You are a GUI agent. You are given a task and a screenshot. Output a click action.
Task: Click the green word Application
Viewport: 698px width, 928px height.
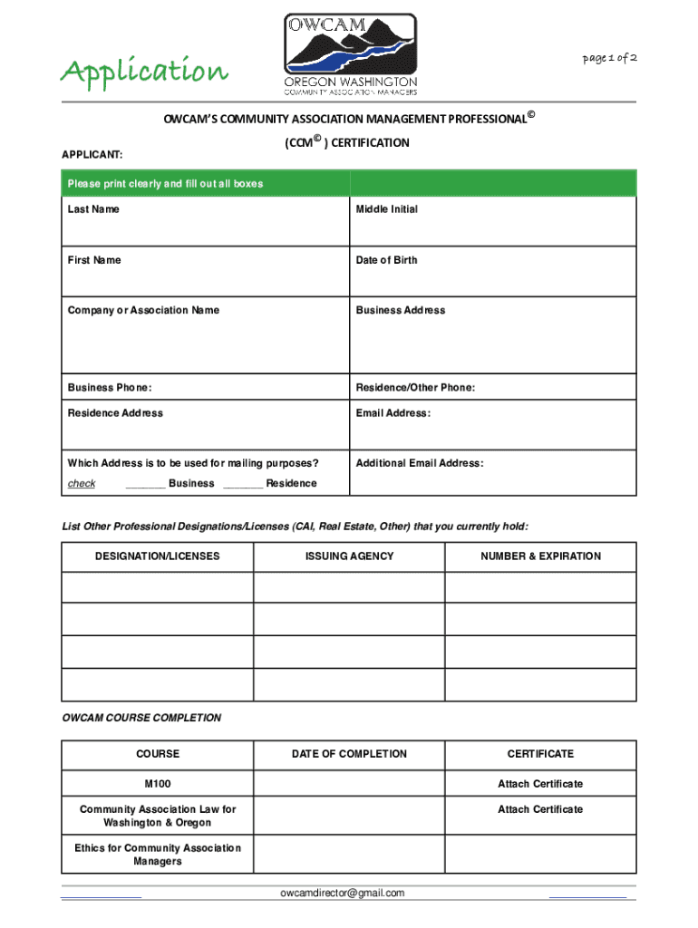click(x=143, y=70)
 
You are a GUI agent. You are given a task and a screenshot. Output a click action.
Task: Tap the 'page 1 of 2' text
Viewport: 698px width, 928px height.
click(x=609, y=58)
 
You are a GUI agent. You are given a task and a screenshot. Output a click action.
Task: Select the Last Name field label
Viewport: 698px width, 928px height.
click(x=93, y=209)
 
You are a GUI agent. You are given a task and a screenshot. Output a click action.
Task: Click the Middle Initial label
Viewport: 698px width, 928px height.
click(x=387, y=209)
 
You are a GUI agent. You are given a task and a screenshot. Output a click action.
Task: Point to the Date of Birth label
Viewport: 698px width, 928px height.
click(x=387, y=260)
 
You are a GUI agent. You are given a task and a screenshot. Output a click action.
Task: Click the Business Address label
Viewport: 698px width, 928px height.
click(x=401, y=310)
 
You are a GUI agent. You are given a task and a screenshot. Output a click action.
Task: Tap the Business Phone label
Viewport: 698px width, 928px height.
click(x=110, y=388)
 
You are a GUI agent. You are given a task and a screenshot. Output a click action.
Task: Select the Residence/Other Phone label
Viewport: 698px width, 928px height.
click(x=415, y=388)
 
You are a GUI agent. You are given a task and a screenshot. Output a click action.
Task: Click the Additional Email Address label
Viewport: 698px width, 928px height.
click(x=420, y=463)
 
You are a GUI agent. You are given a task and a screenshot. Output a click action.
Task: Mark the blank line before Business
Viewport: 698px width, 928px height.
click(x=145, y=485)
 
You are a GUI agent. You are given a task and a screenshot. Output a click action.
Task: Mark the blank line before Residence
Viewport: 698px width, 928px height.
click(x=242, y=485)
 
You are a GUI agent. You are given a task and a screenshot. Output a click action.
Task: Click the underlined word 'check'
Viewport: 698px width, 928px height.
click(x=82, y=484)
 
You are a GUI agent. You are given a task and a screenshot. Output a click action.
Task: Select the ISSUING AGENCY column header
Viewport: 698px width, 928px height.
click(x=350, y=556)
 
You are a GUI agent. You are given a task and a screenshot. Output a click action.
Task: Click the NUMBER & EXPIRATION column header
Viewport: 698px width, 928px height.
click(x=540, y=556)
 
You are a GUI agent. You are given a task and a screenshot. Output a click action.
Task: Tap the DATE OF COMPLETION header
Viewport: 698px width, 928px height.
click(x=350, y=754)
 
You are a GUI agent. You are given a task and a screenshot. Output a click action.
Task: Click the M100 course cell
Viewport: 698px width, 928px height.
click(x=158, y=784)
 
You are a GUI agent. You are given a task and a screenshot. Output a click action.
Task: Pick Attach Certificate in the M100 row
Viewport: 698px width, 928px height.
click(x=540, y=784)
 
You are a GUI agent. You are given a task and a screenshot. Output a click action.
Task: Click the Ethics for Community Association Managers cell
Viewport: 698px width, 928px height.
click(x=158, y=855)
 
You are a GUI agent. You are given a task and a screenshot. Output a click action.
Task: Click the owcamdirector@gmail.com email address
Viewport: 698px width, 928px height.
click(x=343, y=894)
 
